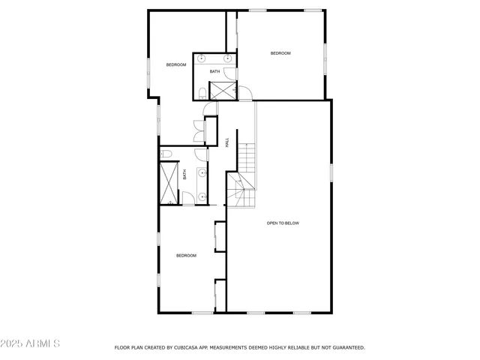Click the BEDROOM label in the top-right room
[x=280, y=53]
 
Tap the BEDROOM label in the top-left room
[x=176, y=65]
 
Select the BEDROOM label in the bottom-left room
[x=186, y=256]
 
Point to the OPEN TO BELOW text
[x=283, y=223]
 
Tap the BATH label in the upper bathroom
[x=214, y=72]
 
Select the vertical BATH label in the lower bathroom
[x=184, y=175]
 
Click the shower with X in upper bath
[x=221, y=90]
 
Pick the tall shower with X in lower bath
[x=168, y=182]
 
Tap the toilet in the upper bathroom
[x=202, y=93]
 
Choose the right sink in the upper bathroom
[x=227, y=58]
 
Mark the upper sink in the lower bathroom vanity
[x=202, y=172]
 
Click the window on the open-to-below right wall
[x=331, y=172]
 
